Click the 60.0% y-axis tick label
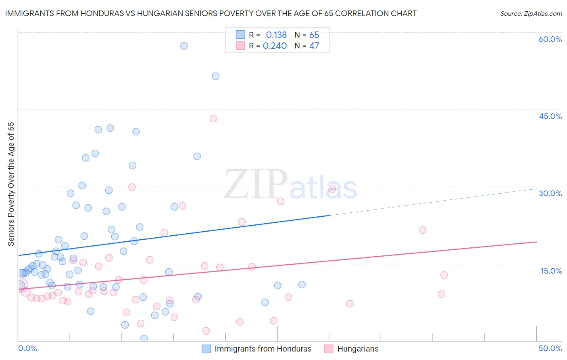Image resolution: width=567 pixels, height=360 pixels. (x=550, y=40)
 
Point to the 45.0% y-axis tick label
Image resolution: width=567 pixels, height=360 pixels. (x=550, y=117)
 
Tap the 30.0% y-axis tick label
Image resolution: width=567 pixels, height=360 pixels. (x=550, y=194)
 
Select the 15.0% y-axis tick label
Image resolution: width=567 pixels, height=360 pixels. (x=551, y=271)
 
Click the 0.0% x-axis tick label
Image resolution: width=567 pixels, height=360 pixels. (x=27, y=349)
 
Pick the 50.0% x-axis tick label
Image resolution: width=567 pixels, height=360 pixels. (x=550, y=349)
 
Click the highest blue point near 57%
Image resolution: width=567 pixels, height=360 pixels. (x=184, y=46)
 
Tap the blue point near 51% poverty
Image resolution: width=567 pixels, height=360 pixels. (x=216, y=76)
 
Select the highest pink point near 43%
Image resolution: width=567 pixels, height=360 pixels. (x=213, y=119)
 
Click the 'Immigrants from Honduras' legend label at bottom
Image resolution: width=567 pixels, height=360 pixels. (x=263, y=349)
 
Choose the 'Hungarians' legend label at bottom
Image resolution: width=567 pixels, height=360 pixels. (x=358, y=349)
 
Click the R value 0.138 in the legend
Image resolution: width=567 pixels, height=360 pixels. (x=276, y=35)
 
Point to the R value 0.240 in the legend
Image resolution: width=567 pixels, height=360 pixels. (x=275, y=46)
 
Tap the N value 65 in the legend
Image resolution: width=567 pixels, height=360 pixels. (x=314, y=35)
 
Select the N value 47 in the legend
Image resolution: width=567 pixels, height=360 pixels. (x=314, y=46)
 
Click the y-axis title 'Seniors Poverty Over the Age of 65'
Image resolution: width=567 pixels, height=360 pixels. (x=11, y=184)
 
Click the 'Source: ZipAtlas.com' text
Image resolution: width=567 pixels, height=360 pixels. (x=531, y=14)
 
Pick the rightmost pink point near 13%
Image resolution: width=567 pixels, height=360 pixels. (x=444, y=275)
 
